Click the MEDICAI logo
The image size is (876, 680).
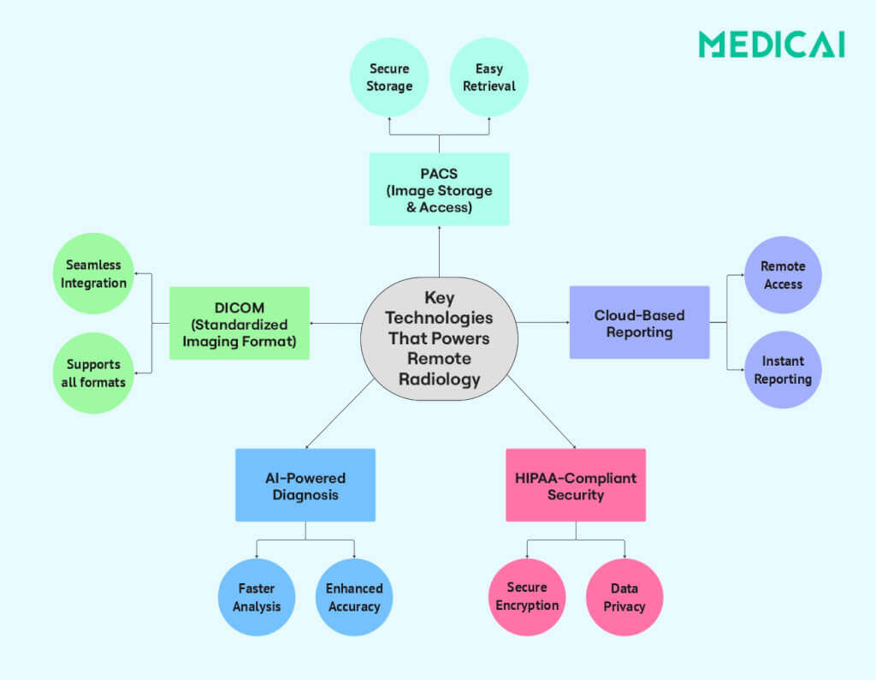(x=771, y=45)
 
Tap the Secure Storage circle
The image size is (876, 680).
(x=389, y=77)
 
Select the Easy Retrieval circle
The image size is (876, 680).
(x=489, y=77)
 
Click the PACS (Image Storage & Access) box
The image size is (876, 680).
(x=439, y=189)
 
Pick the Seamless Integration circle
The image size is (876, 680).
(x=93, y=274)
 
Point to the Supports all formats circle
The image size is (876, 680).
(x=93, y=373)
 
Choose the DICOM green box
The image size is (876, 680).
(x=240, y=323)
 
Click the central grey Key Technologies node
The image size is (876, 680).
(x=440, y=338)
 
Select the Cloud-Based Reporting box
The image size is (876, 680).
(x=639, y=323)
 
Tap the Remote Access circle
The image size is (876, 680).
(x=782, y=276)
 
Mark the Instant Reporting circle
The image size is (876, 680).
(x=782, y=370)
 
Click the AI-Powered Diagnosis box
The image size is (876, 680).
(x=305, y=486)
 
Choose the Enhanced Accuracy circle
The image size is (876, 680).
(x=354, y=597)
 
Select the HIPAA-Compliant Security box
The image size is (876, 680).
(x=576, y=486)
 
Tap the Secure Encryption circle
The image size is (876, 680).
(x=527, y=597)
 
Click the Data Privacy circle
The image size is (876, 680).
(x=624, y=597)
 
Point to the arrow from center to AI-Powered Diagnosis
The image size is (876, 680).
(x=340, y=415)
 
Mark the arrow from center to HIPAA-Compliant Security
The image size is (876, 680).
(x=541, y=415)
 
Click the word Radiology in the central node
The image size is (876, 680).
(x=440, y=379)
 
